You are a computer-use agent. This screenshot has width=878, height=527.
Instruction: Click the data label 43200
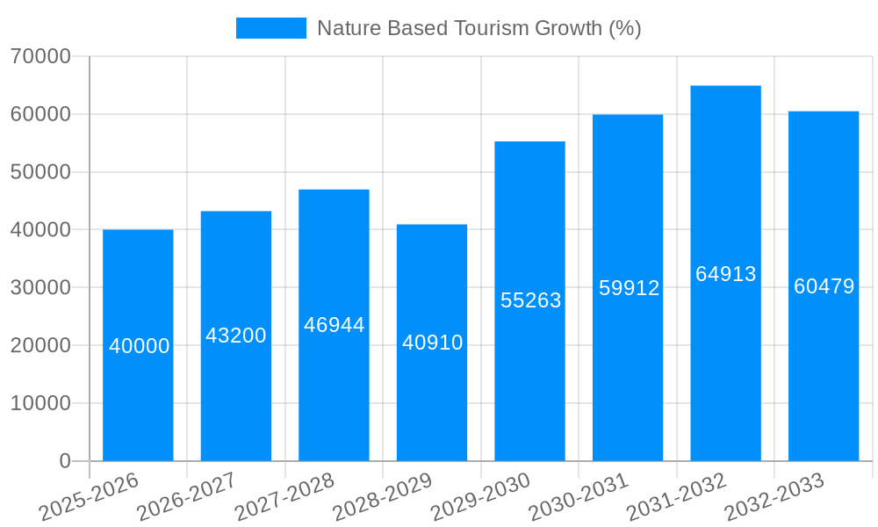[x=236, y=336]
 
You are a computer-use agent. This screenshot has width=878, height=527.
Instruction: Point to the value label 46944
[x=335, y=325]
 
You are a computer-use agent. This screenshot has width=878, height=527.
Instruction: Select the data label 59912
[x=629, y=288]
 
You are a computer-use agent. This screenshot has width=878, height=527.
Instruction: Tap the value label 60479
[x=824, y=286]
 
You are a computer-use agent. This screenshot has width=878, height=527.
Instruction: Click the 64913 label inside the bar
[x=726, y=274]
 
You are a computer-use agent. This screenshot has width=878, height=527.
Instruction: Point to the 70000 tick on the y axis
[x=40, y=57]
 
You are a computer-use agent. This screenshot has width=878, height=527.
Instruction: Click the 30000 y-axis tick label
[x=40, y=288]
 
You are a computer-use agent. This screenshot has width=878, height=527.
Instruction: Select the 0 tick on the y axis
[x=65, y=461]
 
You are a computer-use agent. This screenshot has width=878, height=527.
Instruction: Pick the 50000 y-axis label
[x=40, y=172]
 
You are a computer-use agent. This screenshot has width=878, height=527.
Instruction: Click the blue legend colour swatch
[x=271, y=28]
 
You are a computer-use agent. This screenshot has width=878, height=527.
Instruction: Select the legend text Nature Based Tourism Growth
[x=479, y=28]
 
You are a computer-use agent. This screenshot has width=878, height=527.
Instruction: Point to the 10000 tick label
[x=40, y=403]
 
